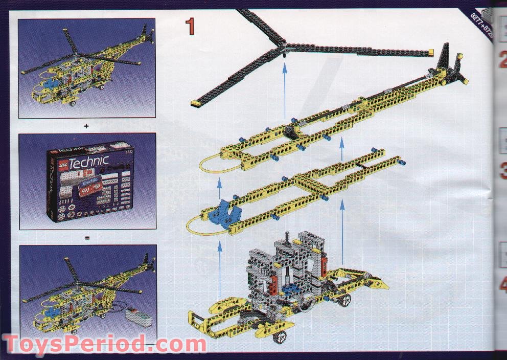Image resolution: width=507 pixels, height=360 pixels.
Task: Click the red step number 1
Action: (x=190, y=27)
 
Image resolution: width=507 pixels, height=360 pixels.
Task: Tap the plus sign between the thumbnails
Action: (x=87, y=125)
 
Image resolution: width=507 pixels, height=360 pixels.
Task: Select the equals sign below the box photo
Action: (x=87, y=237)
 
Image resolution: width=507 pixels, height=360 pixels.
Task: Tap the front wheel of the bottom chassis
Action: (x=281, y=337)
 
